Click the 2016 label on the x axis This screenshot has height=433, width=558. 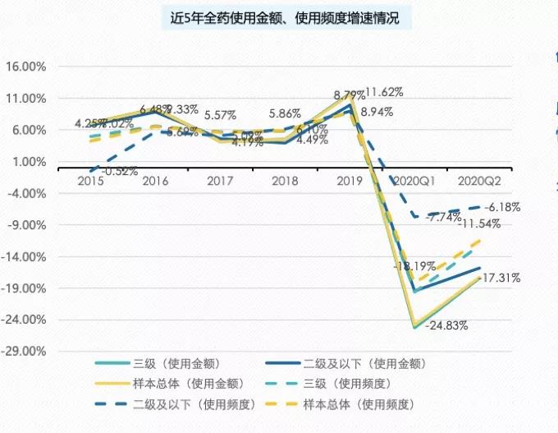click(x=155, y=179)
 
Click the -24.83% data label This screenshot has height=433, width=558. click(x=448, y=325)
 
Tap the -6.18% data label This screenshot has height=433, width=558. click(x=502, y=207)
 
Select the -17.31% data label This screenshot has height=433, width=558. click(x=500, y=278)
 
